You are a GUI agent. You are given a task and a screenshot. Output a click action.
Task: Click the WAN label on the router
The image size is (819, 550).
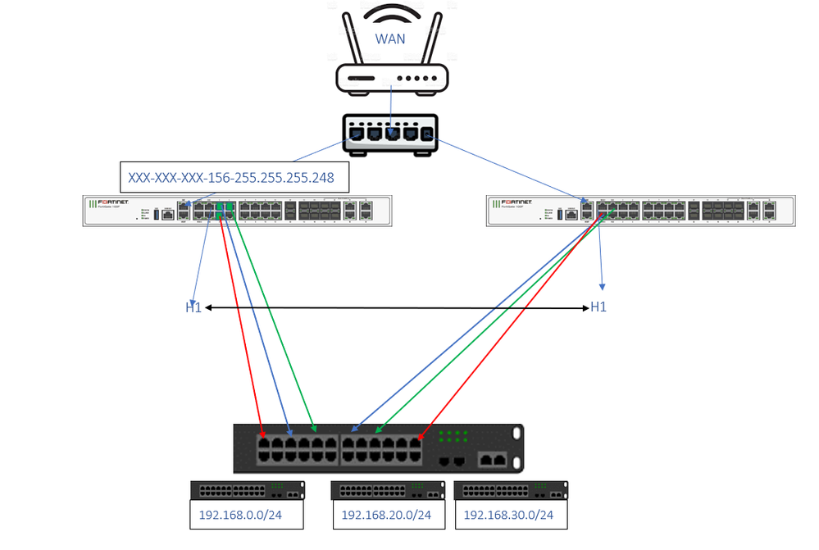click(x=390, y=39)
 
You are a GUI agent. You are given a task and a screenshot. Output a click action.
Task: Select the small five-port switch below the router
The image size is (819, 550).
click(x=389, y=134)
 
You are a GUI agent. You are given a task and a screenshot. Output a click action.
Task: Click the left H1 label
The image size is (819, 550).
click(x=193, y=307)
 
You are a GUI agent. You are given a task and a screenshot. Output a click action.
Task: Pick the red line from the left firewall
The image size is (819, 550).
click(x=242, y=328)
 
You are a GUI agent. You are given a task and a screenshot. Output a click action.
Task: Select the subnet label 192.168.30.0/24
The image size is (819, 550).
click(x=508, y=516)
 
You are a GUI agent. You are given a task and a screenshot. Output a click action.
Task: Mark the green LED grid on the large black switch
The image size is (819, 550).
click(x=453, y=436)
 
